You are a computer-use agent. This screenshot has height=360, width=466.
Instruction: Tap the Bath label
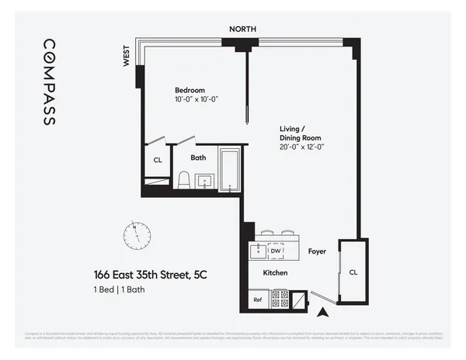(199, 157)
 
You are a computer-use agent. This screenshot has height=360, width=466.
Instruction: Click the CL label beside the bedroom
(157, 161)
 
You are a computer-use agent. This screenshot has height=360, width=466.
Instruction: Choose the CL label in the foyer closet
(353, 272)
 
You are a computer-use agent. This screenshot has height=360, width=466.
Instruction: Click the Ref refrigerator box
(258, 299)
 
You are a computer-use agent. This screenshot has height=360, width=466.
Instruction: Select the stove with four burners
(279, 299)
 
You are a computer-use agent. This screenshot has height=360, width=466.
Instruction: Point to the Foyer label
(317, 251)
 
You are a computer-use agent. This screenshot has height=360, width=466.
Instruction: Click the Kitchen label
(275, 273)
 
